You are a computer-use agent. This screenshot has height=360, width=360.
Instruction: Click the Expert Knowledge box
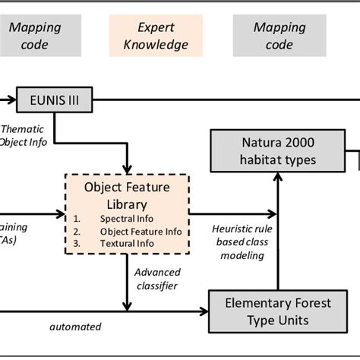tap(156, 36)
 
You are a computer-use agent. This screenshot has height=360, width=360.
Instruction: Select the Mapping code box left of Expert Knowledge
tap(34, 36)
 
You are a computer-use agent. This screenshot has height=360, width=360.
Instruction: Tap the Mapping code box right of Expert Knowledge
tap(279, 36)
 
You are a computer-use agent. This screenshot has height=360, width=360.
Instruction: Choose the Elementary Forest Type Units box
tap(278, 311)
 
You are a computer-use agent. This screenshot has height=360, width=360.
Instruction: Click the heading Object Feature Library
tap(126, 194)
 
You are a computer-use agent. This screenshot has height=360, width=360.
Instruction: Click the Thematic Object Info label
tap(24, 134)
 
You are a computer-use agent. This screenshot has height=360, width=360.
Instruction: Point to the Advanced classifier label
tap(157, 279)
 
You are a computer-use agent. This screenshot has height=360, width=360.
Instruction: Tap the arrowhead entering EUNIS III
tap(13, 99)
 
